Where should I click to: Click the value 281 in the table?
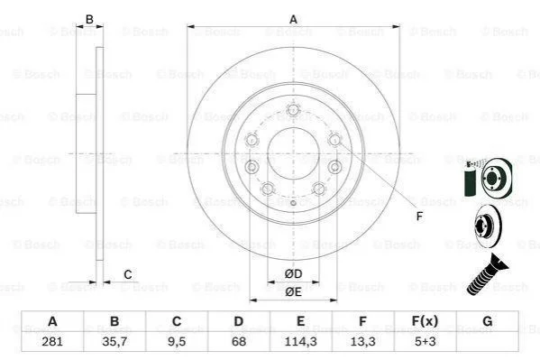[52, 341]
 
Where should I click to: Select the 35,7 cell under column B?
[114, 341]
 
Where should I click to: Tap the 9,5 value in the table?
[177, 341]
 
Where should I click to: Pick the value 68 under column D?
[239, 341]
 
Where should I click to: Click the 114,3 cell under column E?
[300, 341]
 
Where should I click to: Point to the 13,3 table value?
[362, 341]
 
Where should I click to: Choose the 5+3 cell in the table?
[425, 341]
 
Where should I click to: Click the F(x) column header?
[425, 321]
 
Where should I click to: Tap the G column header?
[488, 321]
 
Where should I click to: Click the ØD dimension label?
[293, 273]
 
